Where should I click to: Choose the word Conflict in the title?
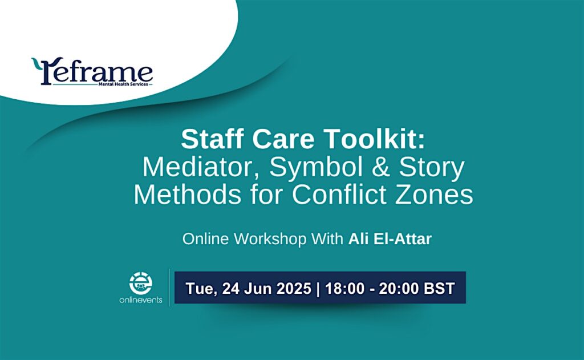tap(339, 194)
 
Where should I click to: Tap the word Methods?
tap(188, 194)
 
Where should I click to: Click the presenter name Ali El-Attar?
tap(390, 239)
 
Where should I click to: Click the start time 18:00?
tap(345, 289)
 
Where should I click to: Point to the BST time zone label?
tap(440, 289)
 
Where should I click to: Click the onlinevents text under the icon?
tap(141, 300)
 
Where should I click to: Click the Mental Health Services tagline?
tap(123, 84)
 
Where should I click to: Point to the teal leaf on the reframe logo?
tap(36, 64)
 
